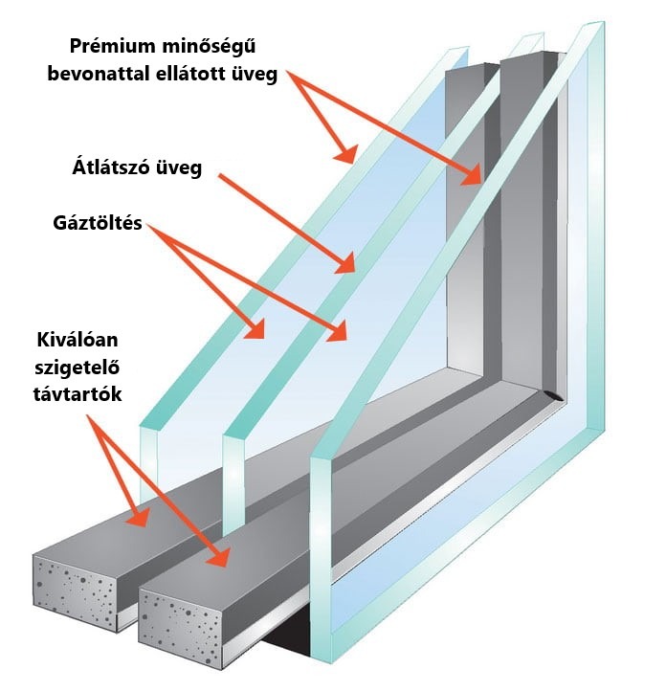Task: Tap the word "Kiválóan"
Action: point(77,341)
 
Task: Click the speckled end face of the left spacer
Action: point(75,593)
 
